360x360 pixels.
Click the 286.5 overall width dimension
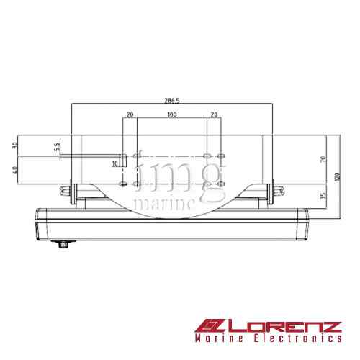171,102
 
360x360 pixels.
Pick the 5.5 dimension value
56,147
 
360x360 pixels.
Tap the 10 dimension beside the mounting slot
114,164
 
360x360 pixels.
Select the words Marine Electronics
267,338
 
